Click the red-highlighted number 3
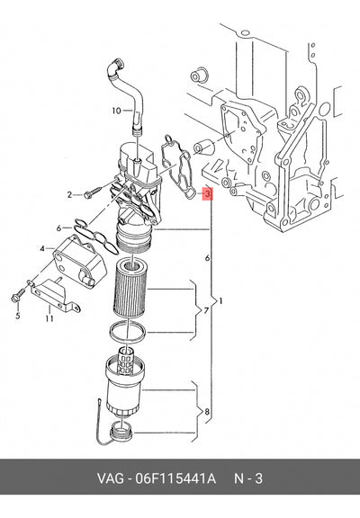[207, 194]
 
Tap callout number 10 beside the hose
[116, 111]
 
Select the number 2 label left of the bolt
[69, 195]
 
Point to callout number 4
[42, 248]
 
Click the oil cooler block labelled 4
[80, 261]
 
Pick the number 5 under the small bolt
[17, 316]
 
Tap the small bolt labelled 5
[18, 295]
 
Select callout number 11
[49, 318]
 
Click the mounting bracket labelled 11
[55, 296]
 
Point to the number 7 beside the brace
[205, 310]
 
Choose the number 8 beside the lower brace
[207, 412]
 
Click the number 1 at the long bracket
[220, 301]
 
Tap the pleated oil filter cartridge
[130, 288]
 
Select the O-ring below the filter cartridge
[128, 331]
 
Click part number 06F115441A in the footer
[175, 478]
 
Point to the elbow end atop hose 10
[117, 65]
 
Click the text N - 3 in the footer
[248, 478]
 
